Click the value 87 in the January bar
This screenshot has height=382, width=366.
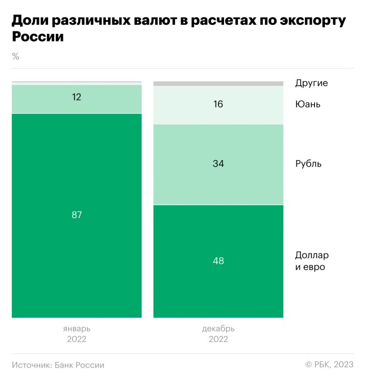(77, 215)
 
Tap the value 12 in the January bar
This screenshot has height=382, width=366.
(77, 97)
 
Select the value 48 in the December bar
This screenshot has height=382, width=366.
(218, 261)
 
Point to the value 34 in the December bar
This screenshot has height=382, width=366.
(218, 164)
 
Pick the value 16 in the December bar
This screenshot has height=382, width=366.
(218, 104)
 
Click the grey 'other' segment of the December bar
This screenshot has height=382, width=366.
(218, 84)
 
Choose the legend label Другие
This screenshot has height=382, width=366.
(311, 83)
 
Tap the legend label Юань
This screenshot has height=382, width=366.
(308, 104)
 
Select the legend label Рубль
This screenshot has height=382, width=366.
(308, 164)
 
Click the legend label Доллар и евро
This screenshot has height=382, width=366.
(312, 261)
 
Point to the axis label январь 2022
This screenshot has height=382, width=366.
(77, 334)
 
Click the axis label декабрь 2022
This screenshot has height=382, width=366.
(218, 334)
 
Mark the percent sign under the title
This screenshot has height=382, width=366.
(15, 57)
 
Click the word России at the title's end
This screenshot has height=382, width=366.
(37, 37)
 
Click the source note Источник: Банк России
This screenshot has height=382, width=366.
(58, 365)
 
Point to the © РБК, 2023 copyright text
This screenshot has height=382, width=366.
(329, 364)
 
